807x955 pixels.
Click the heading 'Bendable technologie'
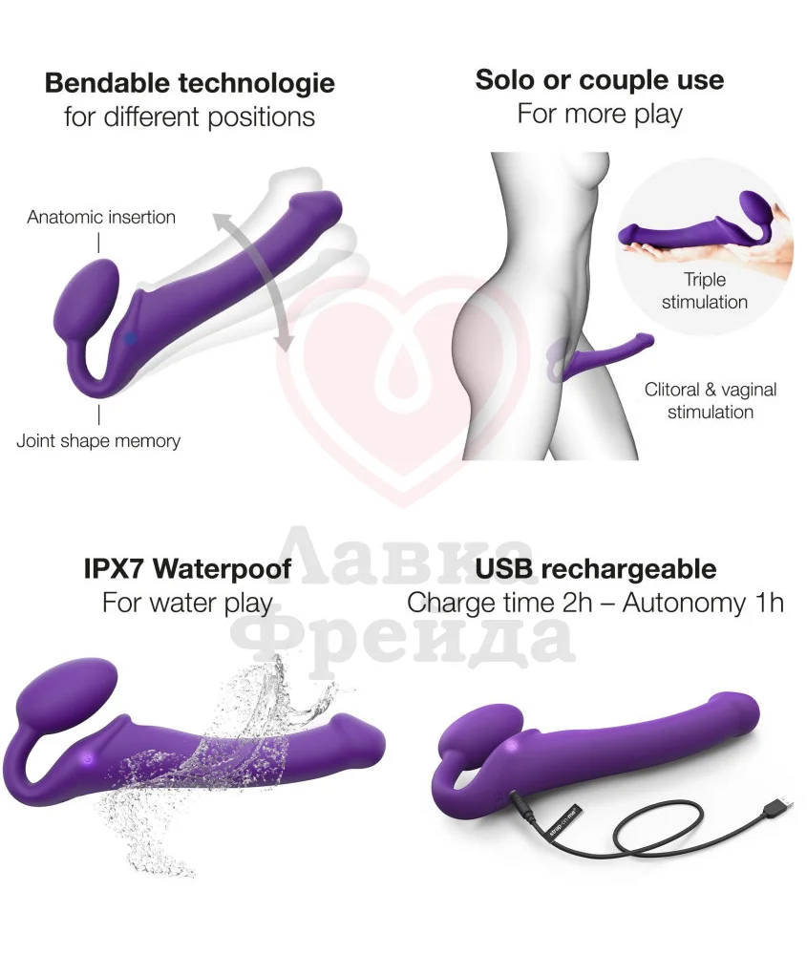tap(190, 83)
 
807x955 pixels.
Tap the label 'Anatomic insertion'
tap(101, 217)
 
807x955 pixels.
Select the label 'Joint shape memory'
tap(98, 440)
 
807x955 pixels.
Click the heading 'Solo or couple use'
tap(599, 80)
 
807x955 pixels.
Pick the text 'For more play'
tap(599, 115)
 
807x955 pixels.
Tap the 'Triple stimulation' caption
tap(704, 290)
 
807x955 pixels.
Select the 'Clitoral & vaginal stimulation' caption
tap(710, 401)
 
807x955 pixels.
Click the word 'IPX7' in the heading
tap(113, 569)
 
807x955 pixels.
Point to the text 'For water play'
tap(187, 604)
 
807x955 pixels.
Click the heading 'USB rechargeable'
tap(595, 569)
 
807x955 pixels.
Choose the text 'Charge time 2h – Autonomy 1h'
tap(595, 604)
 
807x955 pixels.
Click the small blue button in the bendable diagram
tap(130, 337)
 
